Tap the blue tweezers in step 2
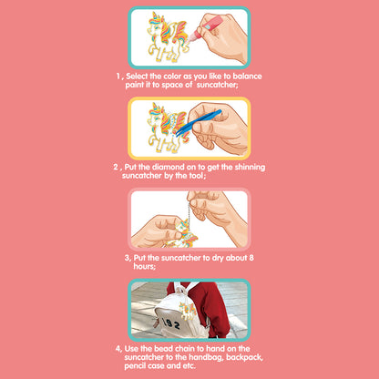pos(199,123)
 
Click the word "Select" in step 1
pos(137,76)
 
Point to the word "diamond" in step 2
pos(167,167)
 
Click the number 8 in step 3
pos(251,258)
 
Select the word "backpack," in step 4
pos(244,357)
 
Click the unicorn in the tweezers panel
pos(167,128)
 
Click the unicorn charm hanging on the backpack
pos(187,311)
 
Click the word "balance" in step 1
pos(247,76)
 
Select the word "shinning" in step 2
pos(250,168)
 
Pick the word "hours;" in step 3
pos(145,266)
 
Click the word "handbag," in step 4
pos(207,357)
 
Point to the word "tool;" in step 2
pos(197,176)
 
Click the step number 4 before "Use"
pos(118,349)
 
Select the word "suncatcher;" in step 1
pos(217,85)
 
